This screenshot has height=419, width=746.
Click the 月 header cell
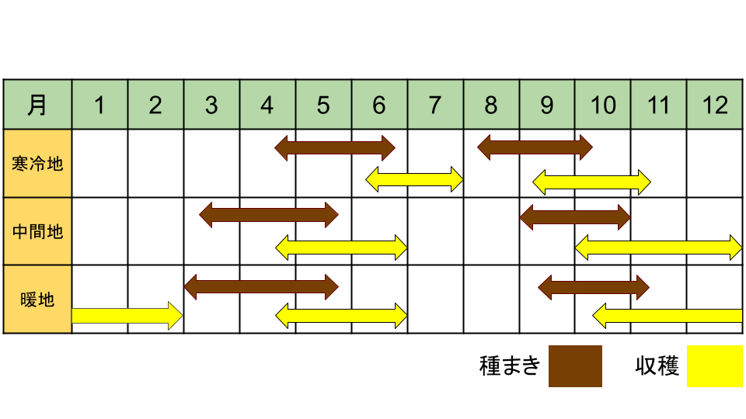37,105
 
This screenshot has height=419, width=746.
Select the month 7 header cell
435,105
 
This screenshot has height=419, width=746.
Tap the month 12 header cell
715,105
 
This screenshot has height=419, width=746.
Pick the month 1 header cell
100,105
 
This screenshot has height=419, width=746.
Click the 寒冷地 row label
37,164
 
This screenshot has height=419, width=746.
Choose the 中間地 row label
37,231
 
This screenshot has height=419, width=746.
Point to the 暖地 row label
37,300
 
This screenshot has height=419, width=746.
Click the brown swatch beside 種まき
575,365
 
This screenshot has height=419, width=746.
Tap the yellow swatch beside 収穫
715,365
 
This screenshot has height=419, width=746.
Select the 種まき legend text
510,365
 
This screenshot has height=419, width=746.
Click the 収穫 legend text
657,365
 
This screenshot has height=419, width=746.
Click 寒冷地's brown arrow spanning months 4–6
335,147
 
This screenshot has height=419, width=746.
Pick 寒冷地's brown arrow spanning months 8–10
535,147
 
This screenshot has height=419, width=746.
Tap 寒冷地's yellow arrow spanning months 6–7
414,179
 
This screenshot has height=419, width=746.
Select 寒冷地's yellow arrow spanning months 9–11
591,182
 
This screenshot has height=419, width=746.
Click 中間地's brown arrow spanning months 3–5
269,215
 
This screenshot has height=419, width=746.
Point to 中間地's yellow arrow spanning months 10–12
658,248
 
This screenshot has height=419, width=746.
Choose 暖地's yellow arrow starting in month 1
127,316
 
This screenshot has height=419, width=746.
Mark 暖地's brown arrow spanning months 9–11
594,287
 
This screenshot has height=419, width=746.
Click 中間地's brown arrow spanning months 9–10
575,217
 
